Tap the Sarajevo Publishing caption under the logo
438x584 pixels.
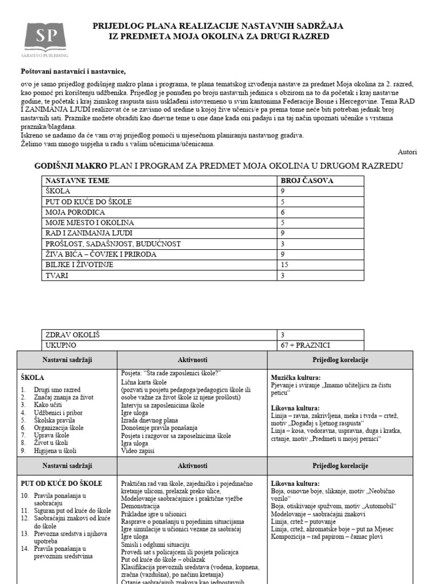pyautogui.click(x=46, y=55)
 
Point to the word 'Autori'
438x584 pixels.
pyautogui.click(x=407, y=152)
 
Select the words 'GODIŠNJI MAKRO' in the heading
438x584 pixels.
pyautogui.click(x=70, y=166)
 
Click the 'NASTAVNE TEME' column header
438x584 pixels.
pyautogui.click(x=78, y=181)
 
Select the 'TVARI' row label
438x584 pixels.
pyautogui.click(x=56, y=276)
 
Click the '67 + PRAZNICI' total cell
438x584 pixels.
pyautogui.click(x=305, y=345)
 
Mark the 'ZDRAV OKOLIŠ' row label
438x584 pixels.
pyautogui.click(x=71, y=335)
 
